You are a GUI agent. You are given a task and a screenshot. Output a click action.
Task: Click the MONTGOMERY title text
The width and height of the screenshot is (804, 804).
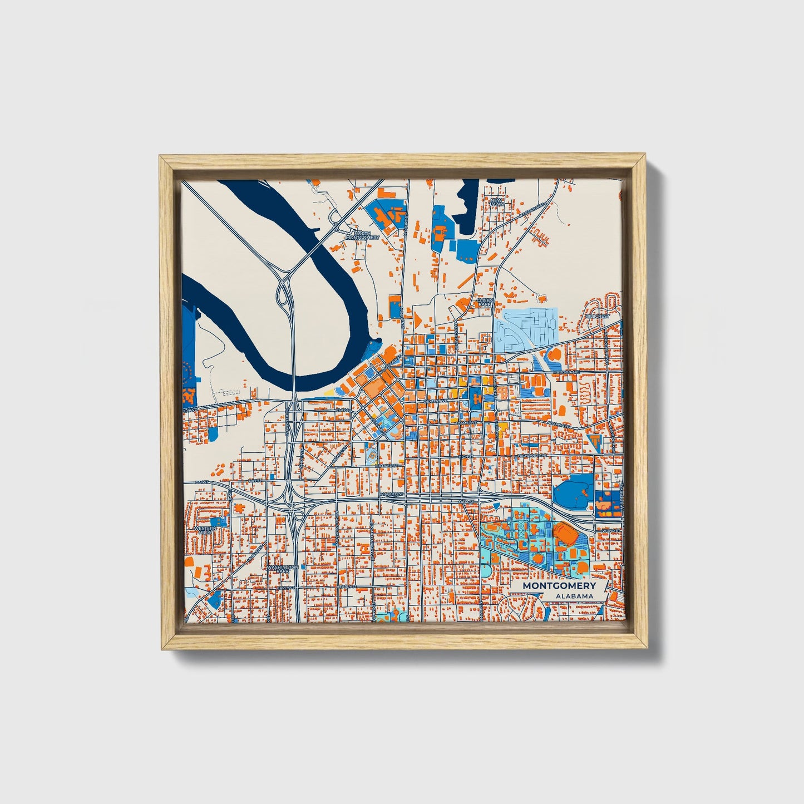(559, 586)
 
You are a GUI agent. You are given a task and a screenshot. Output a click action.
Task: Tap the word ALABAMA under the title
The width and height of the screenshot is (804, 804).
(574, 596)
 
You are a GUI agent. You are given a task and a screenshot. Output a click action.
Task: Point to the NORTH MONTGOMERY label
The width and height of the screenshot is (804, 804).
(362, 235)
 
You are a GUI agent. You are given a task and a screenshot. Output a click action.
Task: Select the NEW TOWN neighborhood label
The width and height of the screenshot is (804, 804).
(496, 202)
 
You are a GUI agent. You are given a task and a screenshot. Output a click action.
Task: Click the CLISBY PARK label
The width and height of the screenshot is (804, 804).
(485, 302)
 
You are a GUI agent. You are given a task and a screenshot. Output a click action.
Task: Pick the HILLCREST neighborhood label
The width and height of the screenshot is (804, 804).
(597, 316)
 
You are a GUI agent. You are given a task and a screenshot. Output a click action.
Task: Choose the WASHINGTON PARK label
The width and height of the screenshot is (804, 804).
(283, 569)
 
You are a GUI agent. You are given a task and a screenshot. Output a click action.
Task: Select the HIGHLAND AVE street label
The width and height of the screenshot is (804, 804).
(532, 455)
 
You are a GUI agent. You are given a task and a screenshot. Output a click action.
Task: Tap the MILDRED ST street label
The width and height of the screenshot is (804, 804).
(387, 465)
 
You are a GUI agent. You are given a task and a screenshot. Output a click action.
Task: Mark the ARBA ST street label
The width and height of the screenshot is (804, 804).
(466, 502)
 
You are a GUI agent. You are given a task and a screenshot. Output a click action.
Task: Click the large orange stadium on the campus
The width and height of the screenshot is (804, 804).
(565, 532)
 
